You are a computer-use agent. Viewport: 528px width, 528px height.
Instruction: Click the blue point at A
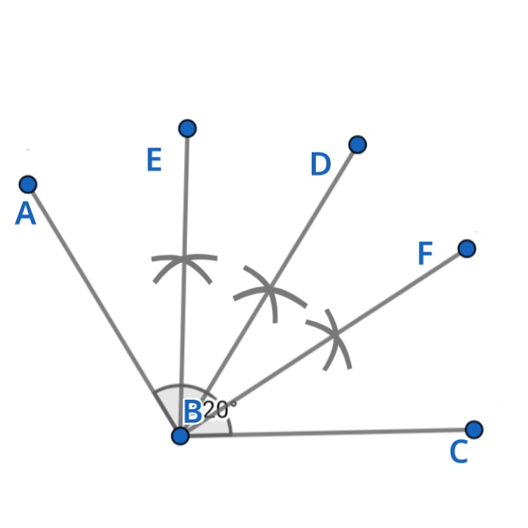28,183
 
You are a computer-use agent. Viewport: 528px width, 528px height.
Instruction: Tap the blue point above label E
188,128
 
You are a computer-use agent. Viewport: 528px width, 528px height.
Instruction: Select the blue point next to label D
357,144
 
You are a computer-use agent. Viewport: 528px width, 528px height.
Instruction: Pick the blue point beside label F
466,249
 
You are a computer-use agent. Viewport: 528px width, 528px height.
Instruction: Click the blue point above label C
474,429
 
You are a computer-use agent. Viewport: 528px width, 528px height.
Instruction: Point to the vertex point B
180,436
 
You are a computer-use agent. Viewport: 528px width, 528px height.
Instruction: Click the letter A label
26,214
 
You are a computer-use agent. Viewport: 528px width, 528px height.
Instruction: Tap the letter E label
153,160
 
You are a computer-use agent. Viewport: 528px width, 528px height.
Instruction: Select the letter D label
320,165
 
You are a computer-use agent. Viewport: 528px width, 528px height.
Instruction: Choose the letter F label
425,254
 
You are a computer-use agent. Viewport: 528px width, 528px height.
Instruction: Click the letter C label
458,452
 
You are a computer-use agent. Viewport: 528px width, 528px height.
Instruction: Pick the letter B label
192,412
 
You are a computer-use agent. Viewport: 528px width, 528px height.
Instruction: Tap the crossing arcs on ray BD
269,289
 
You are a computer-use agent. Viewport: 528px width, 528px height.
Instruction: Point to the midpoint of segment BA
103,309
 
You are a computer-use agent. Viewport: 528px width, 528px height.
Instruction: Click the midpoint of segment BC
326,433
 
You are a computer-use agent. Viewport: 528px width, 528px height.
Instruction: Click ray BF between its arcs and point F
400,293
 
